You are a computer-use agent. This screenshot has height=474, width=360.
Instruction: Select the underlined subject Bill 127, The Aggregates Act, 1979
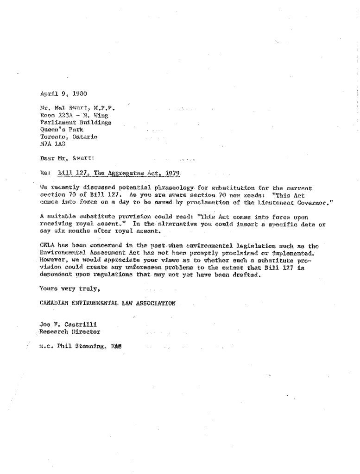119,174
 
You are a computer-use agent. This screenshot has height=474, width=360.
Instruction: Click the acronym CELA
48,246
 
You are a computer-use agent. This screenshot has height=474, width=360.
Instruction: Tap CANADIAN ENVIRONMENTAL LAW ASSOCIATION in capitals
107,304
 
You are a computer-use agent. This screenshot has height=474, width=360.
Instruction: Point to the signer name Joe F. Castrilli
70,324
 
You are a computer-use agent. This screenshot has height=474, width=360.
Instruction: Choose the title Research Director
69,331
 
